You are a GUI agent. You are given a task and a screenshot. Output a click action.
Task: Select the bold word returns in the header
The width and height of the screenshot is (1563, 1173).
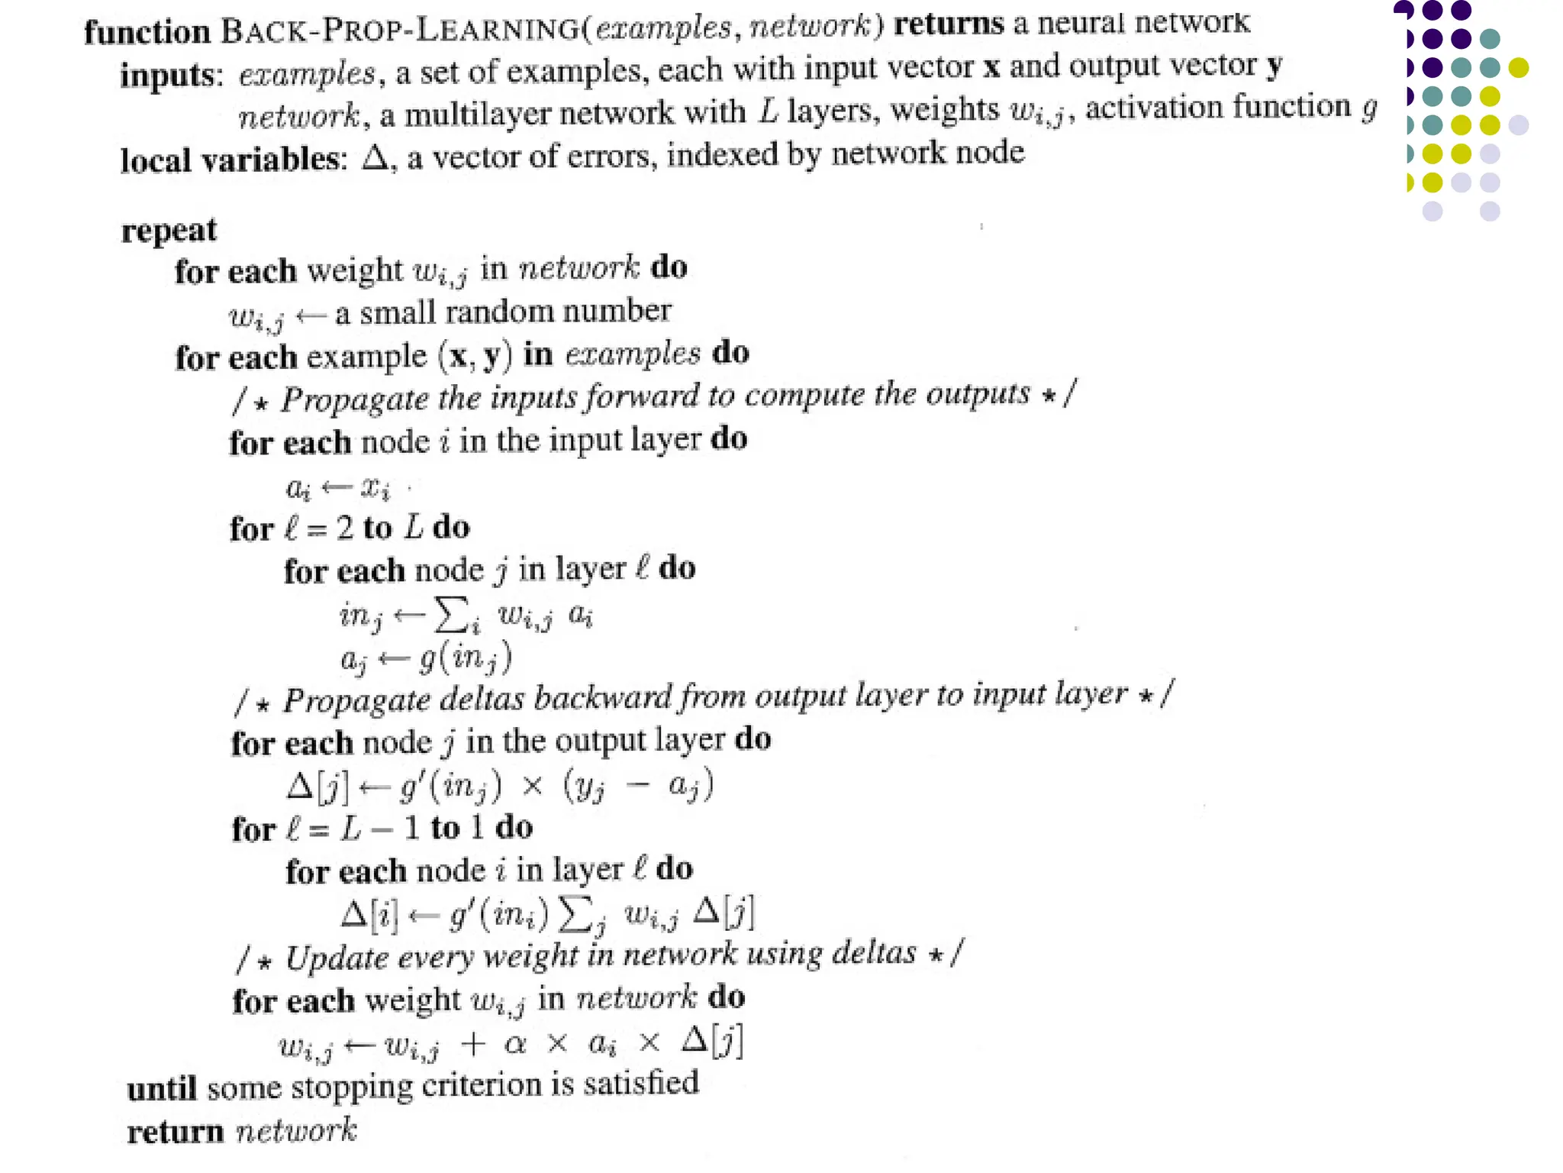click(x=949, y=24)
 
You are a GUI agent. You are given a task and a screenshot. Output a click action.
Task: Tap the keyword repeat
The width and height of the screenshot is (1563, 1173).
click(x=169, y=231)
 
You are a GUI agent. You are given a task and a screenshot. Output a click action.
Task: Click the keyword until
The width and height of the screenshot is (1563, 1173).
click(x=162, y=1088)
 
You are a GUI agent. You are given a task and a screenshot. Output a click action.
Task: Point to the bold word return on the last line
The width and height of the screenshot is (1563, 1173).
click(x=175, y=1132)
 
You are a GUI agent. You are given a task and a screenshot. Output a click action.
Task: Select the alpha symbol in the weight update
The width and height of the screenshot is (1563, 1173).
click(x=516, y=1043)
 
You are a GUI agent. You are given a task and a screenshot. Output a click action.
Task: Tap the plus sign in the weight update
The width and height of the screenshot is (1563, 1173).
click(x=473, y=1043)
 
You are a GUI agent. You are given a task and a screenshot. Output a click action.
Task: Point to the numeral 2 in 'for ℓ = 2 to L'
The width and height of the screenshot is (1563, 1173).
click(x=345, y=528)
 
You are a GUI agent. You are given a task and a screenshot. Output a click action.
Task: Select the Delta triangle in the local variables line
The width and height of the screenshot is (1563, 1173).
click(x=375, y=157)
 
